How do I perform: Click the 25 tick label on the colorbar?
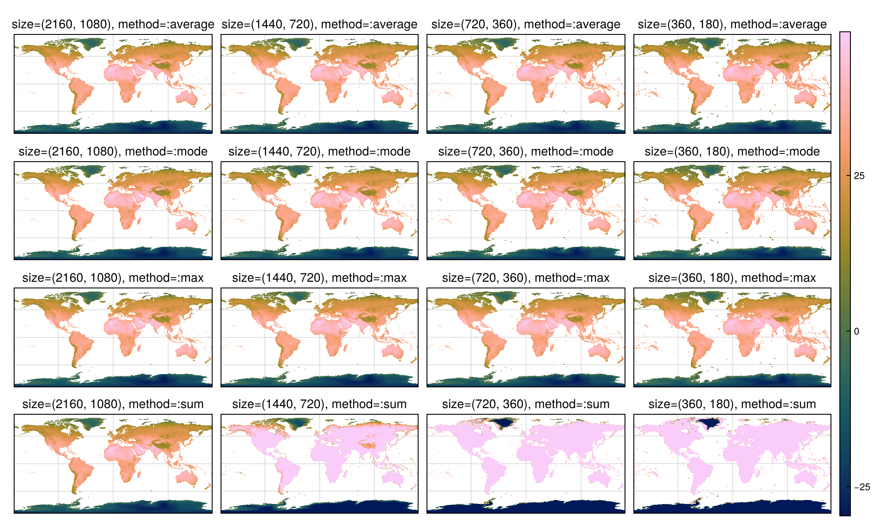pos(859,176)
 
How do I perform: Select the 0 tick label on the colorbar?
pos(857,331)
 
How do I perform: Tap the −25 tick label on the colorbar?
pos(862,487)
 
